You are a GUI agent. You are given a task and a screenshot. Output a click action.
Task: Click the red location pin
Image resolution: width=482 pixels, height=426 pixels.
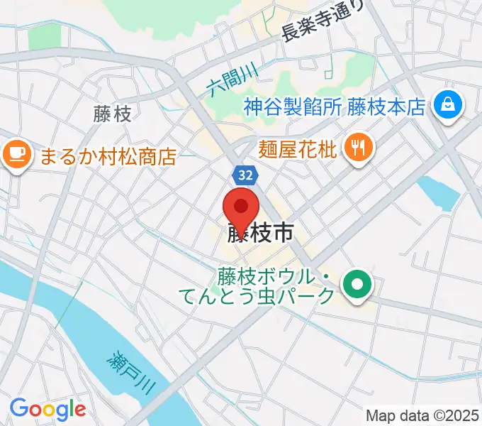[241, 208]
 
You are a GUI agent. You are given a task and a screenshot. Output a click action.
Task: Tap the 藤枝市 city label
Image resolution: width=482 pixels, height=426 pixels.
[261, 234]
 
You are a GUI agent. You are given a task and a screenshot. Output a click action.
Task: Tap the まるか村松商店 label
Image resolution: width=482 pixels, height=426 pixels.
[106, 155]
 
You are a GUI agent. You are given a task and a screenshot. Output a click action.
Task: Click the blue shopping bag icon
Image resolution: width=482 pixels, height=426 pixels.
[449, 106]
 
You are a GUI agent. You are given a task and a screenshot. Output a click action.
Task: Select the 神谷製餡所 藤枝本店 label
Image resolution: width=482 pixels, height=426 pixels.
[334, 107]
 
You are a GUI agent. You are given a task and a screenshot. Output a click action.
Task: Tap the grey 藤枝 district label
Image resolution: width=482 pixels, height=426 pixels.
[112, 114]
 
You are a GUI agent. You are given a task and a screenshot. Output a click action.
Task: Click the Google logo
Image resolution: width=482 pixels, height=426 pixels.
[47, 409]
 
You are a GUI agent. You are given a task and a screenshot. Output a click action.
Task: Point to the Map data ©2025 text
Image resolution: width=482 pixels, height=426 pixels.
[423, 415]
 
